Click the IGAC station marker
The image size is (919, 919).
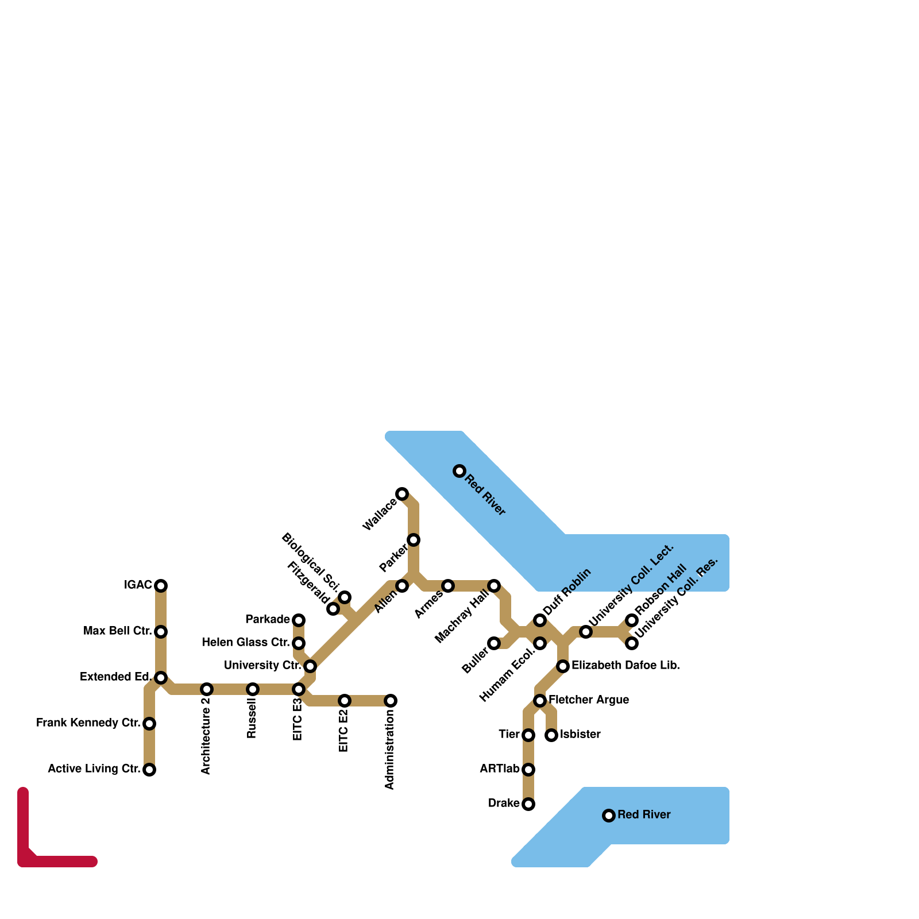pyautogui.click(x=161, y=585)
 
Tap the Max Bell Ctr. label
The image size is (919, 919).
pyautogui.click(x=117, y=631)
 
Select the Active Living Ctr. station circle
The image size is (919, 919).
pyautogui.click(x=149, y=770)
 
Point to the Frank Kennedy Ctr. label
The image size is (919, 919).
pyautogui.click(x=88, y=723)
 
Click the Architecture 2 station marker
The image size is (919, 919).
pyautogui.click(x=207, y=689)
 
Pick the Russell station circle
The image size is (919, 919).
pyautogui.click(x=253, y=689)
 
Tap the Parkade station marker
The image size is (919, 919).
pyautogui.click(x=299, y=620)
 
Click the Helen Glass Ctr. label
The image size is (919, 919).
pyautogui.click(x=245, y=642)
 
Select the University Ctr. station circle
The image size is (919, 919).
pyautogui.click(x=310, y=666)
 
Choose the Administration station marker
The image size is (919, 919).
pyautogui.click(x=391, y=701)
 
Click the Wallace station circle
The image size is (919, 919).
pyautogui.click(x=402, y=494)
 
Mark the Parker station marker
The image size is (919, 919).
pyautogui.click(x=414, y=540)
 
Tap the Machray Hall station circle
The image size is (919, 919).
pyautogui.click(x=494, y=586)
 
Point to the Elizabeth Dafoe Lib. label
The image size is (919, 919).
pyautogui.click(x=625, y=666)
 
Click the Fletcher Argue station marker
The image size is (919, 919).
pyautogui.click(x=540, y=701)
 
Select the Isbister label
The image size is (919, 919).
pyautogui.click(x=580, y=735)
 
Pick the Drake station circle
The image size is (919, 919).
pyautogui.click(x=528, y=804)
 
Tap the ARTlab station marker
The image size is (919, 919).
pyautogui.click(x=528, y=770)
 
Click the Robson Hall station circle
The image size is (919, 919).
pyautogui.click(x=632, y=620)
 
